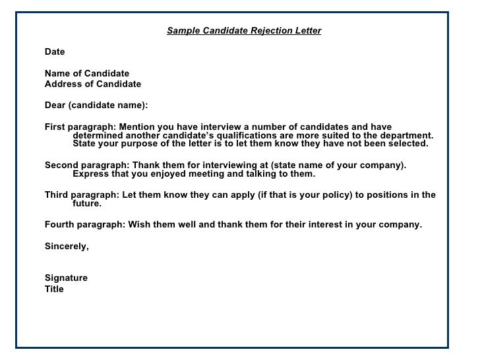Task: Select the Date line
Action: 55,51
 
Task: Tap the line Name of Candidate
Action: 87,73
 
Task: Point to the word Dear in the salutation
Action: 55,105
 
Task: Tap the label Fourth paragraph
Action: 84,224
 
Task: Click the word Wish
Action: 139,224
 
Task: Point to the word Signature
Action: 66,278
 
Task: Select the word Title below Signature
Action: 54,289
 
